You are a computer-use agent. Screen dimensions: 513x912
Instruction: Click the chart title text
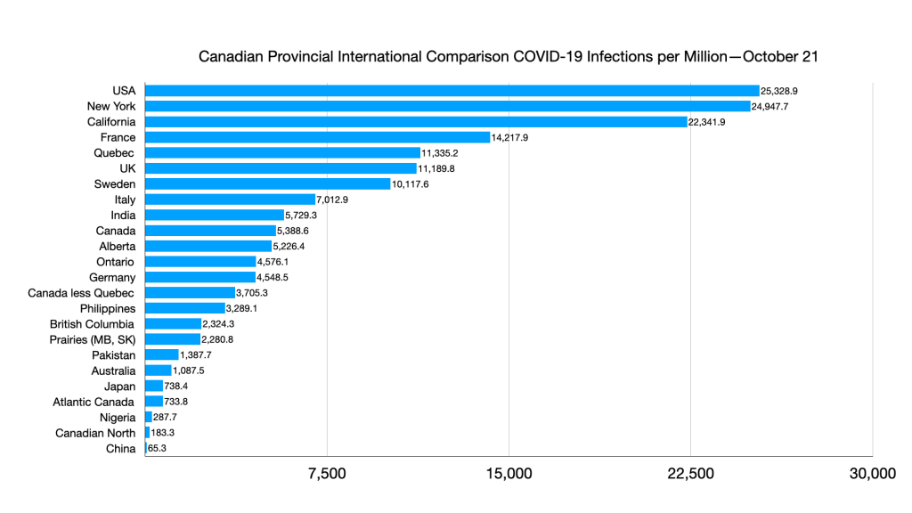508,57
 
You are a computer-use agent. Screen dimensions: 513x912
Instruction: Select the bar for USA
452,91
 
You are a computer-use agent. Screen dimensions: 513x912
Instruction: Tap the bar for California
416,122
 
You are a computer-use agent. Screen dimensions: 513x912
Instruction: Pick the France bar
317,137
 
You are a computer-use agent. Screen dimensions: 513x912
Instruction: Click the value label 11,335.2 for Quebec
440,153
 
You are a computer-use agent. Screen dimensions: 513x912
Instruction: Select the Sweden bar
268,184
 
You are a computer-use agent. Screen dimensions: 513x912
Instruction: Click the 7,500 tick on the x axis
327,474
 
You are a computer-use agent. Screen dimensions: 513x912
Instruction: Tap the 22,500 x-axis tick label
690,474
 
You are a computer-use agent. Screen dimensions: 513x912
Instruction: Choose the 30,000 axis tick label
872,474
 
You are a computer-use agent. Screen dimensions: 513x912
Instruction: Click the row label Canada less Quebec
81,293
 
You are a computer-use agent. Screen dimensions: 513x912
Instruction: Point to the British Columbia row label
92,324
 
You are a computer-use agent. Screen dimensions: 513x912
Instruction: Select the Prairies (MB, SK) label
92,339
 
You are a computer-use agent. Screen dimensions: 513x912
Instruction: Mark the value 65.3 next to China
157,449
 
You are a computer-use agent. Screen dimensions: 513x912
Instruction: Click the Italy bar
230,199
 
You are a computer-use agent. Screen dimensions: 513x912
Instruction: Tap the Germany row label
112,278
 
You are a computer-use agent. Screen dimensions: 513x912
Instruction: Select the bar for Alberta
208,247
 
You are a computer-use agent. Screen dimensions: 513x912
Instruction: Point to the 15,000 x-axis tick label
509,474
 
